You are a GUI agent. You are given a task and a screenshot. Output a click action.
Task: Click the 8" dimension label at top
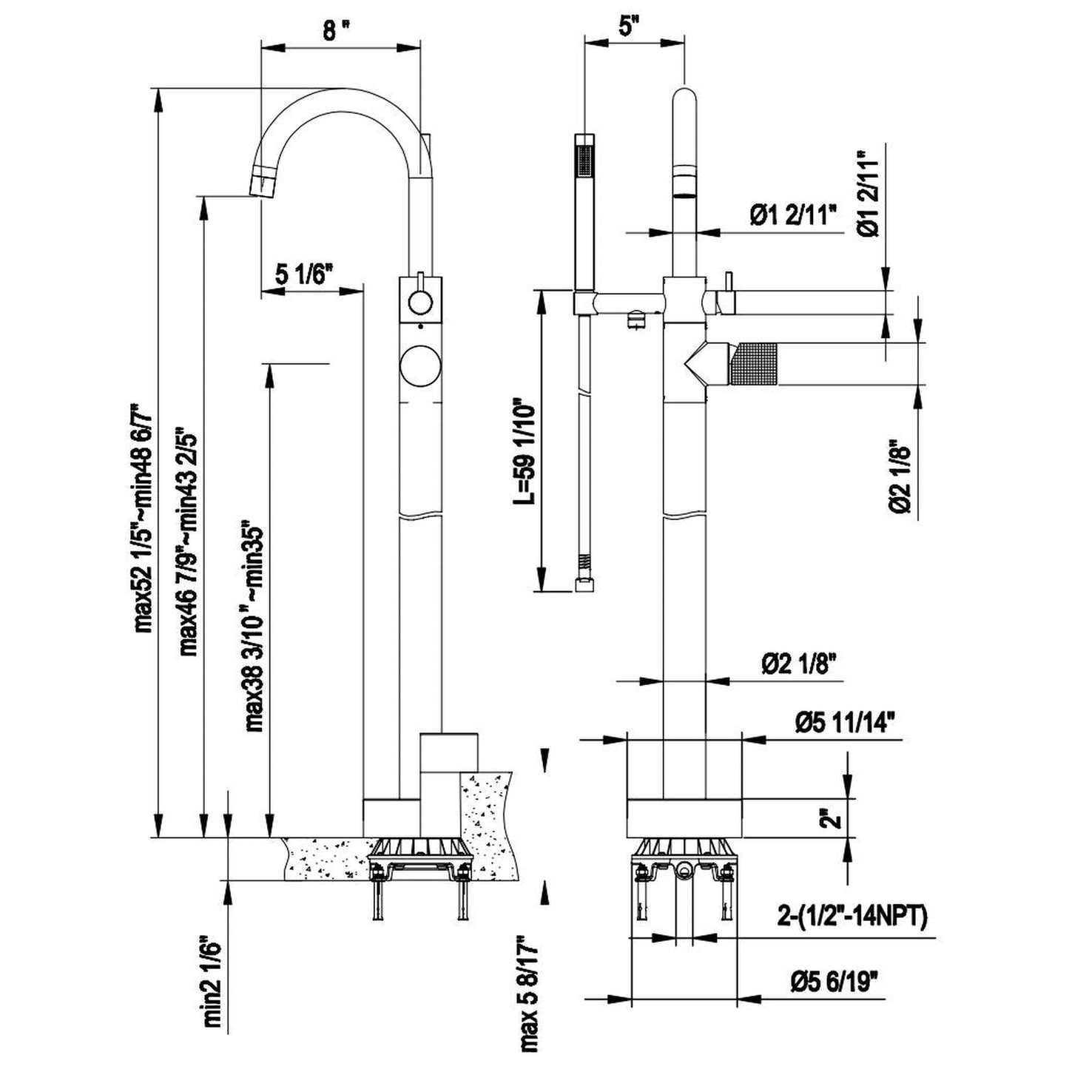[337, 30]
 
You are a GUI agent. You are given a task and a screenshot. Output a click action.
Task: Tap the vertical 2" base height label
[834, 818]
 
